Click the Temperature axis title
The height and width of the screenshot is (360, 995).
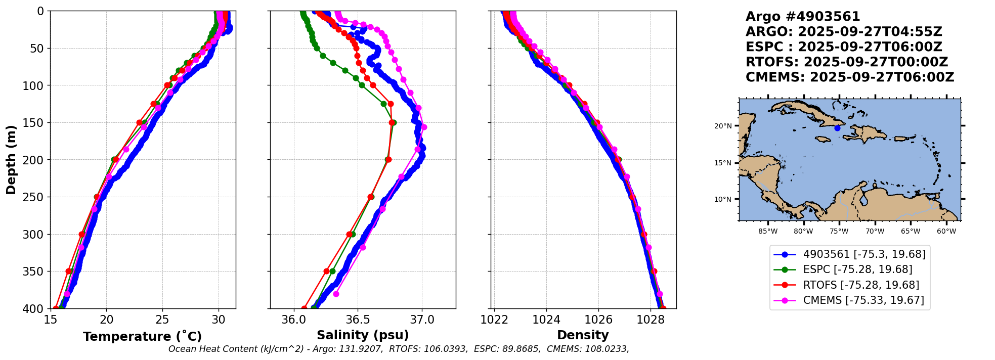[x=142, y=337]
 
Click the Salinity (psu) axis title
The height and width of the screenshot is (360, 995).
[x=363, y=335]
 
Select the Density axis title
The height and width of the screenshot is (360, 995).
[x=583, y=335]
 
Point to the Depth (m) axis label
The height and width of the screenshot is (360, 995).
[x=11, y=159]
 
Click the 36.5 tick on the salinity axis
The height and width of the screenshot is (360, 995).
[x=358, y=320]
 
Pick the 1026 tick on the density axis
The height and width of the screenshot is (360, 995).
[x=598, y=320]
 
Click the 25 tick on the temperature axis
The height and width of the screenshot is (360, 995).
[x=162, y=320]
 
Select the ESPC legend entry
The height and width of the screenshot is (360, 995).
[x=857, y=269]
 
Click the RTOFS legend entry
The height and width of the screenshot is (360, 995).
[x=861, y=285]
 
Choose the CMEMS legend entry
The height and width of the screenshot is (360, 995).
[x=863, y=300]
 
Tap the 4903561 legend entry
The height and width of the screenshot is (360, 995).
[x=864, y=254]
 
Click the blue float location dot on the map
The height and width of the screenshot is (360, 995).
[x=837, y=128]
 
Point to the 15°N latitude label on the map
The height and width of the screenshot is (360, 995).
[x=723, y=163]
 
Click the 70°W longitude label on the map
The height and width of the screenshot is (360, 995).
[x=875, y=232]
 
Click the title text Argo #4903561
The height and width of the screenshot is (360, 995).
[x=803, y=17]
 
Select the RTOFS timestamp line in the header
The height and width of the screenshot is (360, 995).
[x=846, y=62]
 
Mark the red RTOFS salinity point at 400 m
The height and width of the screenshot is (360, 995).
[x=304, y=308]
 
